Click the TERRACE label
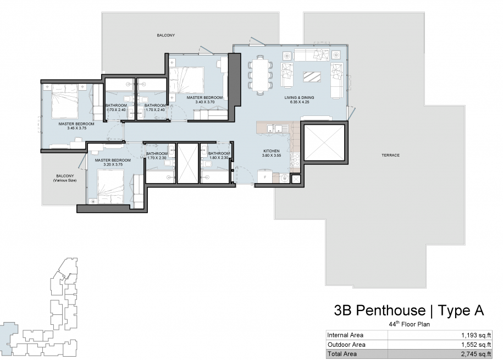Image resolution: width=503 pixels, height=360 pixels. [390, 156]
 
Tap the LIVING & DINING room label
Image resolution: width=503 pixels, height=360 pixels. [299, 97]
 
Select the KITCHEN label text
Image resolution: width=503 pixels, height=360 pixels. [272, 151]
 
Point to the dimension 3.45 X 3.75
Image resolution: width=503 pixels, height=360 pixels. [76, 128]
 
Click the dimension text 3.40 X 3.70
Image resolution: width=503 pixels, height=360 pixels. [204, 102]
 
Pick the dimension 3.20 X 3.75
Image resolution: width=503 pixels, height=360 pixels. [113, 164]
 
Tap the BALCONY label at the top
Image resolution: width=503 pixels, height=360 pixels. [166, 35]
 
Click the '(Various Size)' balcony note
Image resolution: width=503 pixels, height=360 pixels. [65, 180]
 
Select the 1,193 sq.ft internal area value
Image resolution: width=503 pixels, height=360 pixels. [476, 335]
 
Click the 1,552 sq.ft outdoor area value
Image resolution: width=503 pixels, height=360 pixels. [476, 345]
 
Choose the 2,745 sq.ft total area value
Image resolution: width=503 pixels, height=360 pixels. [476, 354]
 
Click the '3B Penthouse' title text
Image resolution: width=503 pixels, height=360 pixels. [379, 311]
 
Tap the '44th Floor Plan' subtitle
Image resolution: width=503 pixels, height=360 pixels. [410, 324]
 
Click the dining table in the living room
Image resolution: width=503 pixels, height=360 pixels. [260, 75]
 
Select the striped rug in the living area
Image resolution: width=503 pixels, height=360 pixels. [312, 77]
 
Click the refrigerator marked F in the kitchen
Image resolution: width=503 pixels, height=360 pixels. [265, 176]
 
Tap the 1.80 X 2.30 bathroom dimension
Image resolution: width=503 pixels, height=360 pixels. [219, 158]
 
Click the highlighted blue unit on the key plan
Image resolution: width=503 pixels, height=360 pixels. [7, 339]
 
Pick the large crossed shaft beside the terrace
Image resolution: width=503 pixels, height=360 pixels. [324, 143]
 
